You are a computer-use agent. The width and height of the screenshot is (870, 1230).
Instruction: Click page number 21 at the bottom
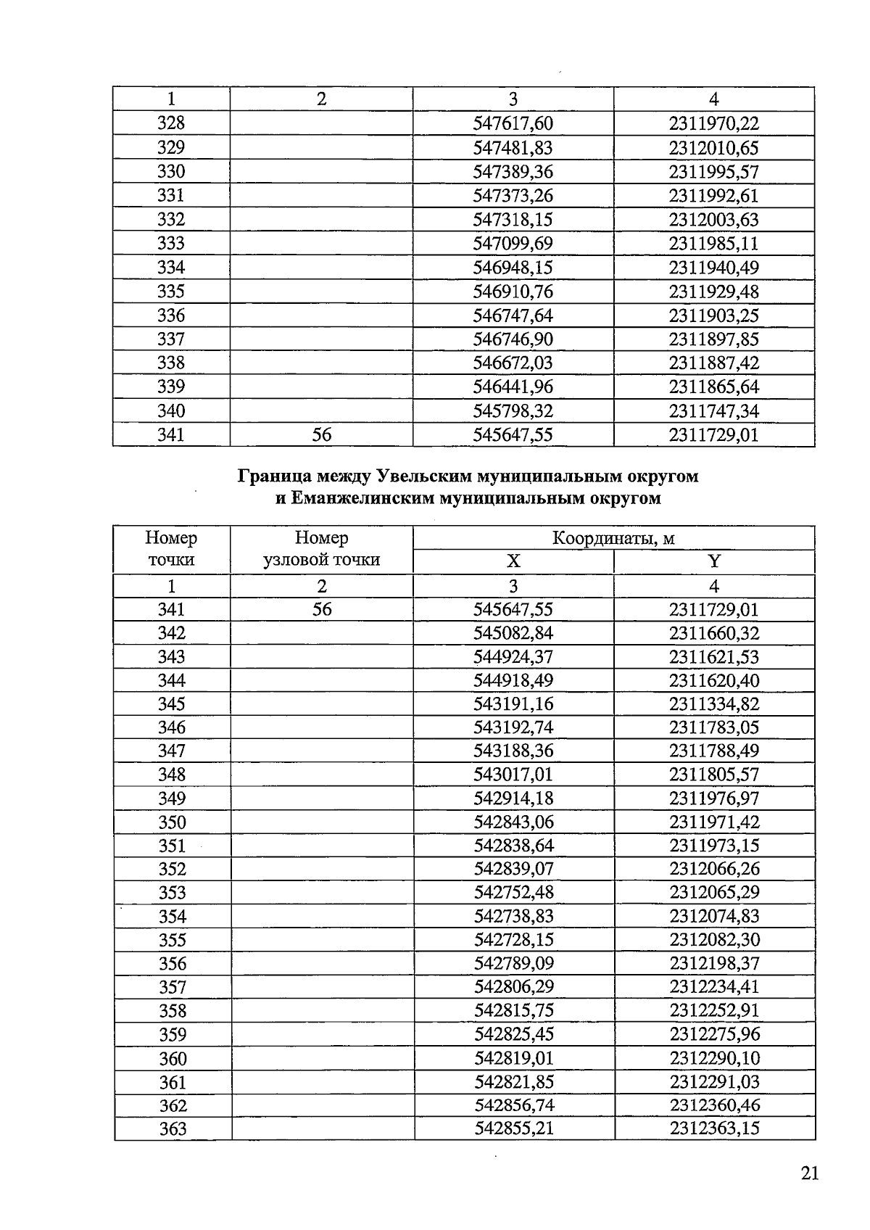[810, 1173]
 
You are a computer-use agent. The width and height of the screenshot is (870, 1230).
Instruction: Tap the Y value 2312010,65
[713, 148]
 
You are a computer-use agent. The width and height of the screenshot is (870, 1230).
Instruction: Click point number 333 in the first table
[171, 244]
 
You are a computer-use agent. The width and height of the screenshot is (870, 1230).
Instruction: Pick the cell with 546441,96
[513, 387]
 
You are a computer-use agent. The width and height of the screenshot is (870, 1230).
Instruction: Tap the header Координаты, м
[613, 538]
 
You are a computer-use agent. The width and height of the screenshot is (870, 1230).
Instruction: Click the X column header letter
[513, 561]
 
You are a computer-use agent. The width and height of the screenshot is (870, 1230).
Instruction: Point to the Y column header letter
[714, 561]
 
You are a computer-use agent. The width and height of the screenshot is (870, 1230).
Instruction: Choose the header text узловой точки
[321, 560]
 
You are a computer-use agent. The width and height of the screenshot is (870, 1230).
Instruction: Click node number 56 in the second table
[321, 609]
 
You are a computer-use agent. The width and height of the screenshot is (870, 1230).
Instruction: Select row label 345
[172, 704]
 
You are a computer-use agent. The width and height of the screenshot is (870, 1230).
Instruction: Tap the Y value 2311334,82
[714, 704]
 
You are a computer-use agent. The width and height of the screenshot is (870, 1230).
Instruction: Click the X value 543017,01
[513, 775]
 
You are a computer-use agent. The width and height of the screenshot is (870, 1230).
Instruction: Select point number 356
[173, 964]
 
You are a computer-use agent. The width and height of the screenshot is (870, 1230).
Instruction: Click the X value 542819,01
[514, 1058]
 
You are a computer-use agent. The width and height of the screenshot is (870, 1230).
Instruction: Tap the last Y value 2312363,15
[715, 1128]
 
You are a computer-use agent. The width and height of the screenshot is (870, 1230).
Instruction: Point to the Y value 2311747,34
[713, 411]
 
